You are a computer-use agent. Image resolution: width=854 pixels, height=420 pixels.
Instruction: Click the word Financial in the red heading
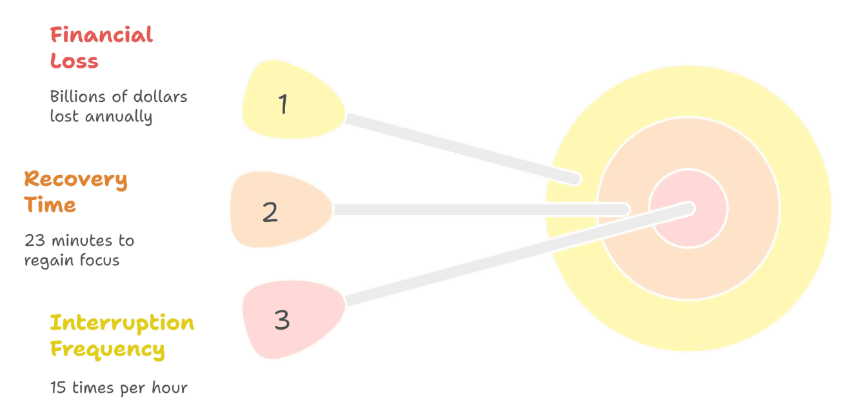[101, 34]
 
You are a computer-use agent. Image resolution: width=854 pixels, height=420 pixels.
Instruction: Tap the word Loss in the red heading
[74, 61]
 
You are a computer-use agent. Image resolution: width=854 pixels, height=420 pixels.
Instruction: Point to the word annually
[119, 117]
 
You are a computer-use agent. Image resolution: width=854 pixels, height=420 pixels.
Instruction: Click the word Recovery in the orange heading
[75, 179]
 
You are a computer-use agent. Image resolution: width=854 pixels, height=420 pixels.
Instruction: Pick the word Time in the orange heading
[50, 205]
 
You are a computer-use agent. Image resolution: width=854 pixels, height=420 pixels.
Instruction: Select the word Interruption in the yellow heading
[122, 322]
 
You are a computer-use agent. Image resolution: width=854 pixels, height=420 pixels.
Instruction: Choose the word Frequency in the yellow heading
[107, 349]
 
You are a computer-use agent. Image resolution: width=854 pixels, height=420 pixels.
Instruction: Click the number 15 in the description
[59, 388]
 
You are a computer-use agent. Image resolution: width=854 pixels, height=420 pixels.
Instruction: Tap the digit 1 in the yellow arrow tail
[283, 104]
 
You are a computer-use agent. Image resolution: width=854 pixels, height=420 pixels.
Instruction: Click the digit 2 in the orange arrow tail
[270, 212]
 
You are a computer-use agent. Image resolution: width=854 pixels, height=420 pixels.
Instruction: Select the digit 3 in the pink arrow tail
[282, 320]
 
